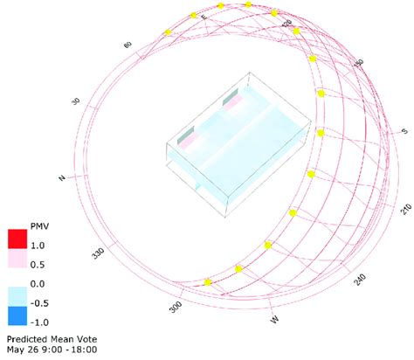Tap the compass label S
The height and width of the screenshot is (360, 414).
click(404, 131)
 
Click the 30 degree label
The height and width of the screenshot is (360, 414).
click(75, 102)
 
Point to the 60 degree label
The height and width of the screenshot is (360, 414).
click(128, 44)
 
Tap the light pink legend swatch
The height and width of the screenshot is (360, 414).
click(16, 262)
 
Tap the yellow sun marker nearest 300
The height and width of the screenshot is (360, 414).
click(207, 282)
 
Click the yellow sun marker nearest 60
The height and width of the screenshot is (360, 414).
click(168, 32)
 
